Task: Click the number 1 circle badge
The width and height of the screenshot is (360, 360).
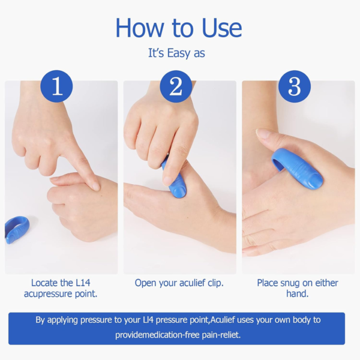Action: coord(57,86)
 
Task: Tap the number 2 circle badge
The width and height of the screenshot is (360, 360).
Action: coord(176,86)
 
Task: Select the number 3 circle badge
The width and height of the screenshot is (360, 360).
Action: coord(295,86)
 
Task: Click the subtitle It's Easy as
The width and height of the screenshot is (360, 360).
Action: coord(176,53)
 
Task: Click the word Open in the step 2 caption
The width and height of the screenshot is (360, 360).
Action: coord(147,283)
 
